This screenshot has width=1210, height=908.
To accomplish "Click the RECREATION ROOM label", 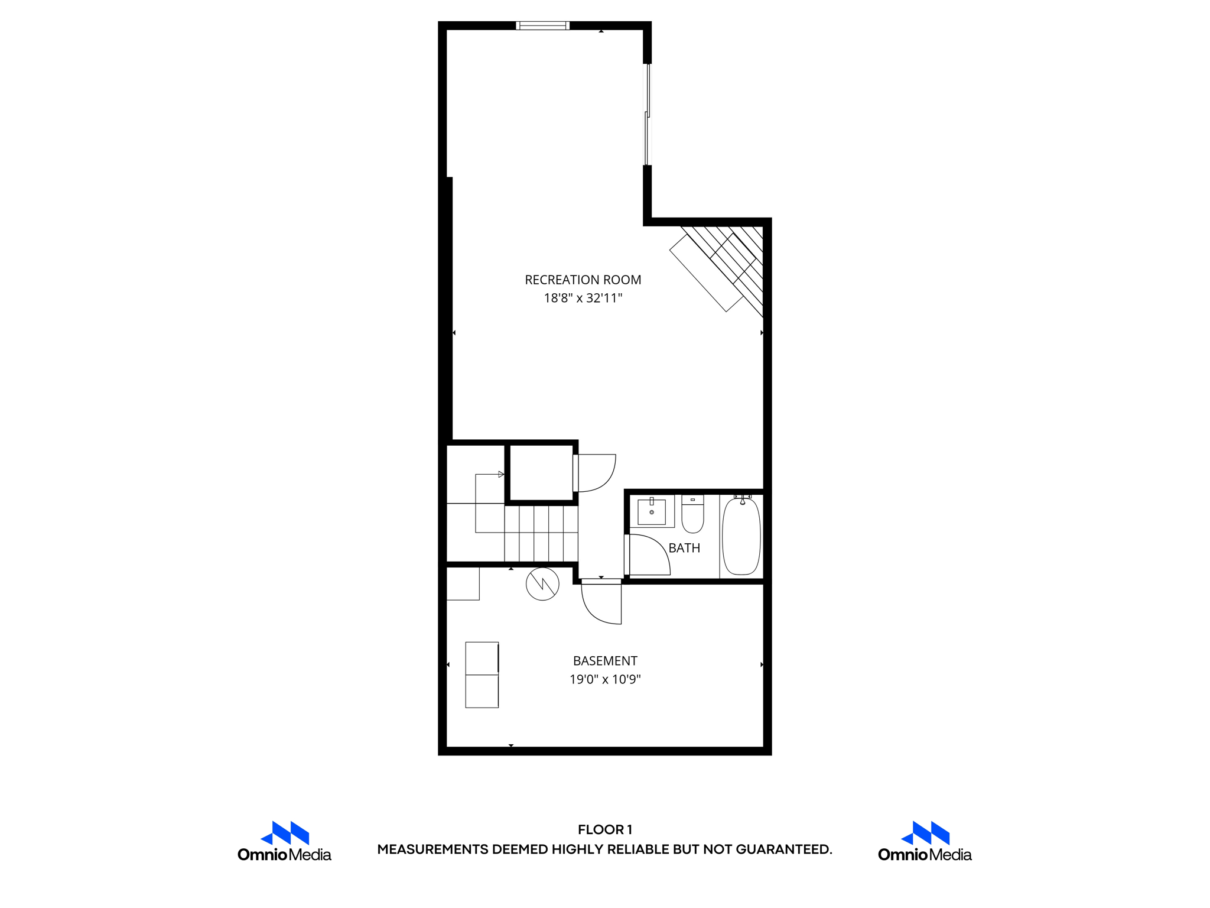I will coord(583,280).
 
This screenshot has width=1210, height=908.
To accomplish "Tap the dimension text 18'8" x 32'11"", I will coord(583,298).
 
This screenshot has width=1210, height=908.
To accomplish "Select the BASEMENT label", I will coord(605,660).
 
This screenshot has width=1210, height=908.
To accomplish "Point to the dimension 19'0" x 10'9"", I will coord(605,679).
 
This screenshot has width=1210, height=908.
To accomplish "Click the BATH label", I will coord(684,548).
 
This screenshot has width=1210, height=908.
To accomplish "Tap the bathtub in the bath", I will coord(741,536).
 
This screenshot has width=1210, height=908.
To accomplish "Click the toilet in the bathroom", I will coord(692,515).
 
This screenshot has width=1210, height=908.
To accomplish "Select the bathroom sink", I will coord(652,511).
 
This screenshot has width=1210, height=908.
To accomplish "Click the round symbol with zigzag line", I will coord(542,584).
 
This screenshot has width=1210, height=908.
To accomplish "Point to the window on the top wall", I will coord(542,25).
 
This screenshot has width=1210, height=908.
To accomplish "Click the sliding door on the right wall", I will coord(647,114).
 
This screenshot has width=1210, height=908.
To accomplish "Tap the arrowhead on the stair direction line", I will coord(501,474).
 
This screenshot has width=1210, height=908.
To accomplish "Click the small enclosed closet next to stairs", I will coord(541,474).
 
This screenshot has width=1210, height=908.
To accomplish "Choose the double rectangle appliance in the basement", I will coord(482,674).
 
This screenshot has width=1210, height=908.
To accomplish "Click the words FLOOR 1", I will coord(605,829).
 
